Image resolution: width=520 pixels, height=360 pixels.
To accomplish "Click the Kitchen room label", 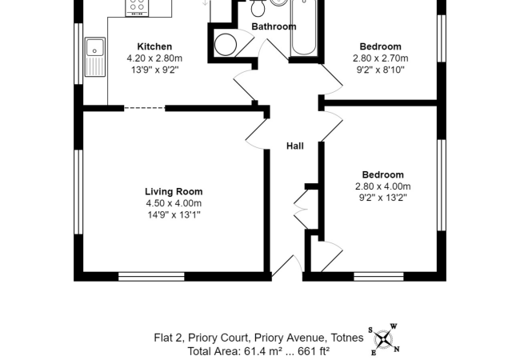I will tap(154, 46).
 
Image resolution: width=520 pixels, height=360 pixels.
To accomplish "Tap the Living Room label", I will tap(174, 191).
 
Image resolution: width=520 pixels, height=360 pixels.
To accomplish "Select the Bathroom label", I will tap(274, 26).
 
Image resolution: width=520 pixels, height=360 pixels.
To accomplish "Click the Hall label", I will tap(295, 146).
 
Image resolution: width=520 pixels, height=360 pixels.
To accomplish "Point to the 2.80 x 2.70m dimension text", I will tap(380, 58).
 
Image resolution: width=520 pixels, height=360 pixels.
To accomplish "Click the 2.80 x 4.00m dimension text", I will tap(382, 186).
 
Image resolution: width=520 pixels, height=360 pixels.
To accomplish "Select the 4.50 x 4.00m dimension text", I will tap(174, 203).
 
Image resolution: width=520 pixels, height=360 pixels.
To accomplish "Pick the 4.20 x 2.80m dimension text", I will tap(154, 58).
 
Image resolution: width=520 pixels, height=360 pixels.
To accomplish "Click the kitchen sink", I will tap(95, 56).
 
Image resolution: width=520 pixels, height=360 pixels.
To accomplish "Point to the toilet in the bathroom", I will tap(258, 8).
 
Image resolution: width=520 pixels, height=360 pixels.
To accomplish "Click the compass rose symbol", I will tap(384, 340).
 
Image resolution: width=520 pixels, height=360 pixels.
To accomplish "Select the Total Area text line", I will tap(258, 350).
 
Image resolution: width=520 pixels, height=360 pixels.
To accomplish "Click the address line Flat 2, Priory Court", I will tap(258, 338).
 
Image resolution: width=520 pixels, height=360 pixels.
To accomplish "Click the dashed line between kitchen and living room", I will tap(145, 108).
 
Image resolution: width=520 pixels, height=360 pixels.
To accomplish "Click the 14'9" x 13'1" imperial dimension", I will tap(174, 214).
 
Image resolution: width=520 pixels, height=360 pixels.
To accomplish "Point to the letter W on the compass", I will tap(394, 326).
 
